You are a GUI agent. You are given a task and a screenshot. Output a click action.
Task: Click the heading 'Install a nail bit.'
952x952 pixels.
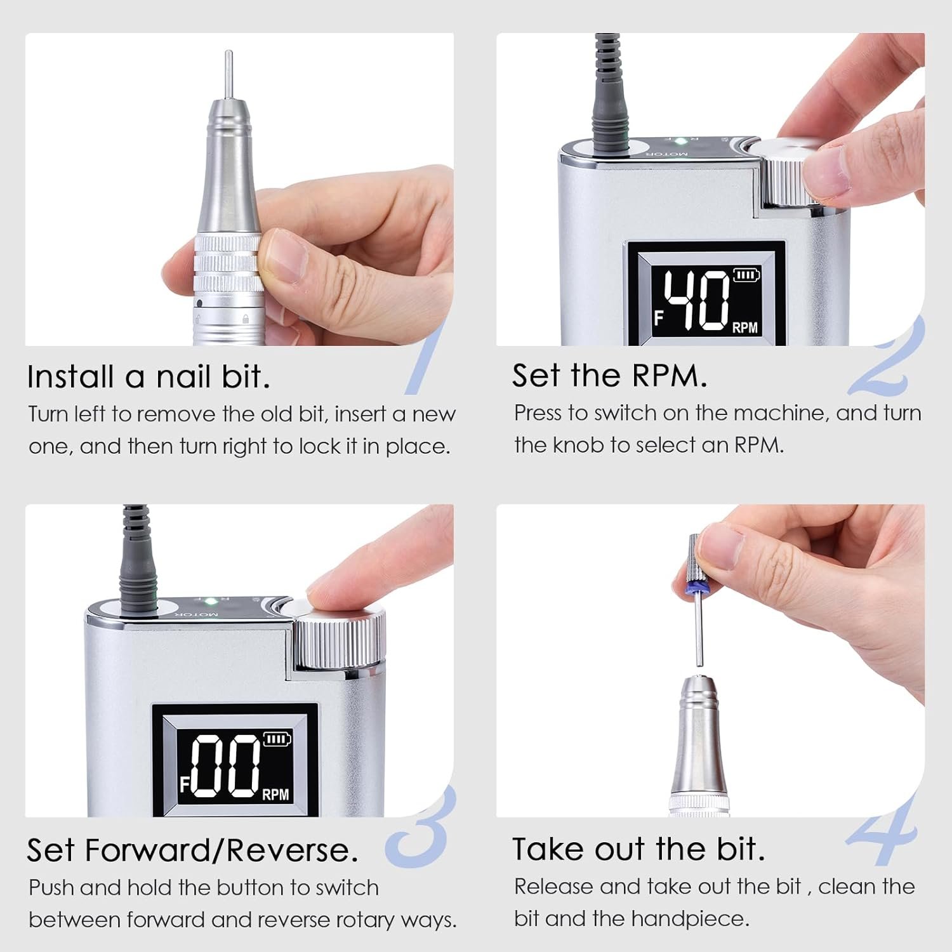coord(149,376)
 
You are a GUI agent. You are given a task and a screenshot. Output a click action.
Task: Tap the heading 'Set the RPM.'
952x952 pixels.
coord(609,375)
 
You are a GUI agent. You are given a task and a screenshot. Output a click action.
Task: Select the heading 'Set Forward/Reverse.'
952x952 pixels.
coord(192,850)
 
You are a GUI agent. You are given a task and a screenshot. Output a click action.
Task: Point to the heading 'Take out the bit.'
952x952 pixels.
coord(638,849)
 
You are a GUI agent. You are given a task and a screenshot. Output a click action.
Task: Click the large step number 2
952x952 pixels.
coord(887,359)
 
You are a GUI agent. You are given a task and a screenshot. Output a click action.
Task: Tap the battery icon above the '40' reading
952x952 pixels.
coord(746,275)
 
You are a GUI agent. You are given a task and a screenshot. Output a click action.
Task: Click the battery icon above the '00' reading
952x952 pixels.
coord(277,739)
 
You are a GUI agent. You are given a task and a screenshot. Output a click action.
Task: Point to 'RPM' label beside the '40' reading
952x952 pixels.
coord(745,327)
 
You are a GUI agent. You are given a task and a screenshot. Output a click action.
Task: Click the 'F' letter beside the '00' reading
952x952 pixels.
coord(184,785)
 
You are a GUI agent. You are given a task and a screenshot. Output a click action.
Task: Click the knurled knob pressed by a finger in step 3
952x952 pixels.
coord(340,641)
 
